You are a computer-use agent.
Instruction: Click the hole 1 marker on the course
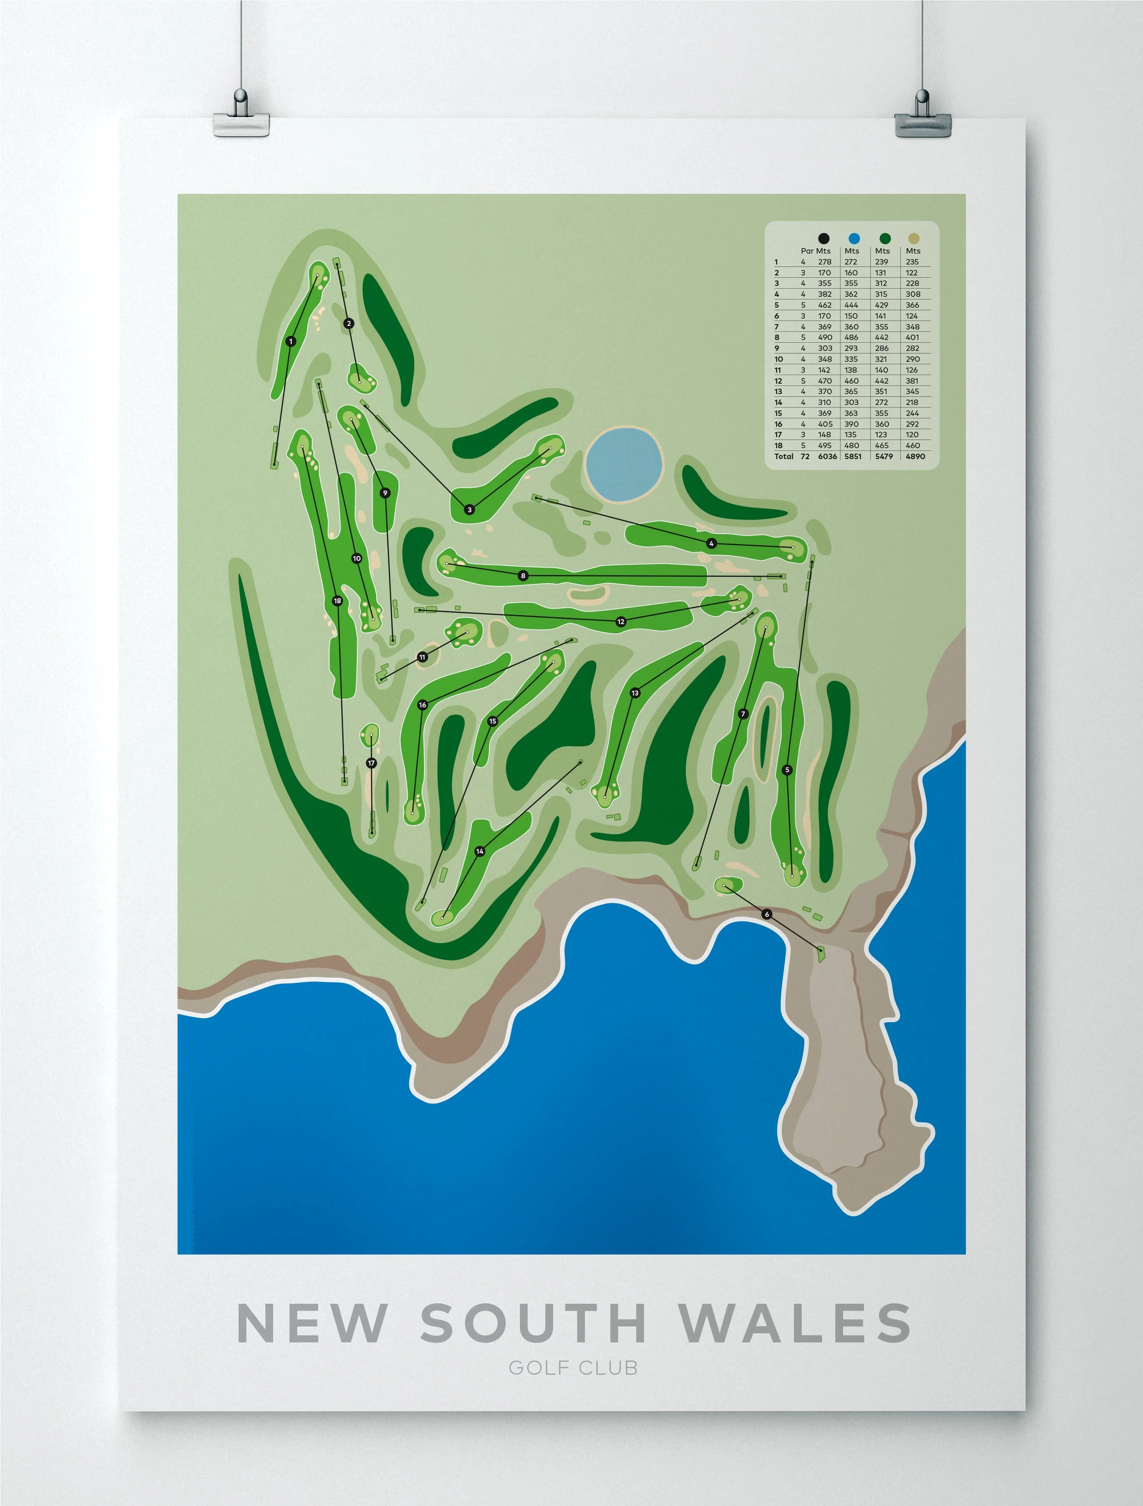point(291,341)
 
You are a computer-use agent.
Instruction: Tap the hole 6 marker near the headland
point(767,914)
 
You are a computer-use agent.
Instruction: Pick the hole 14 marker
point(480,851)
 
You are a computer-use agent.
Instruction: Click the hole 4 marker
point(711,543)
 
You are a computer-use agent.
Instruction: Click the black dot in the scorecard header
point(824,238)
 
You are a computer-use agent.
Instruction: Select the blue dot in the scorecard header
point(854,238)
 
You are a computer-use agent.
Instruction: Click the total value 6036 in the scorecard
point(827,456)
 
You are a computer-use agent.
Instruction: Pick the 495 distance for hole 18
point(824,445)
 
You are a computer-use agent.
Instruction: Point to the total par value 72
point(805,456)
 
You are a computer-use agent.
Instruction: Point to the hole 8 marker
point(523,576)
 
